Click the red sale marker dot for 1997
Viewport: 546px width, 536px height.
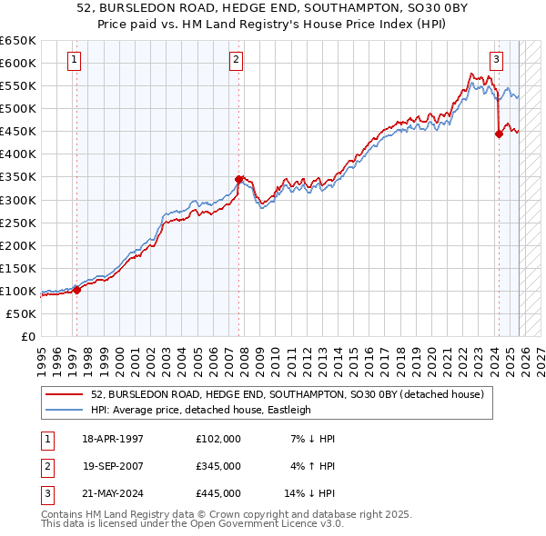pyautogui.click(x=76, y=290)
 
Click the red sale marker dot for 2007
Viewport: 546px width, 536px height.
pyautogui.click(x=238, y=179)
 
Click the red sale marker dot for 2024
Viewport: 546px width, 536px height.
pyautogui.click(x=499, y=134)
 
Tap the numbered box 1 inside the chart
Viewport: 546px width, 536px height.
pyautogui.click(x=74, y=61)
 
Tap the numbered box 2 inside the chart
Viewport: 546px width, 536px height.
pyautogui.click(x=236, y=61)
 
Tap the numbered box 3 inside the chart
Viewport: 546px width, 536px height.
pyautogui.click(x=496, y=61)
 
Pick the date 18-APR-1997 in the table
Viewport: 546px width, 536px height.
pyautogui.click(x=113, y=439)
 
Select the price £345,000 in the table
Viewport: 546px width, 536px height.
pyautogui.click(x=218, y=466)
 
